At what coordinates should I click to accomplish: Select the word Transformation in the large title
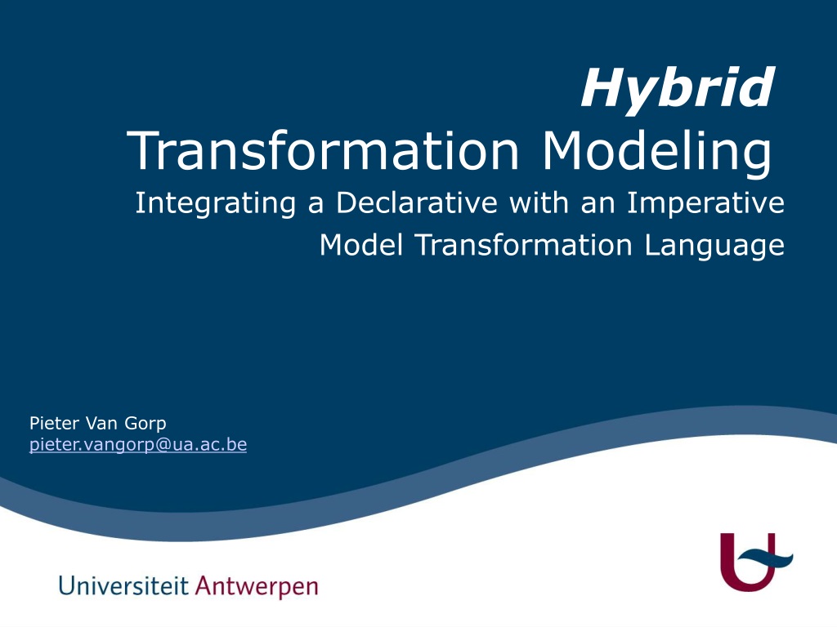tap(323, 150)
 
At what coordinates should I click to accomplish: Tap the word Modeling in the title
tap(656, 154)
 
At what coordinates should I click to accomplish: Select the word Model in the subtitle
tap(360, 245)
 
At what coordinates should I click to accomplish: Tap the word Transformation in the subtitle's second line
tap(524, 245)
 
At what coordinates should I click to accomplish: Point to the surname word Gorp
tap(145, 425)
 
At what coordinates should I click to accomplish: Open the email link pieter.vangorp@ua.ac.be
tap(137, 445)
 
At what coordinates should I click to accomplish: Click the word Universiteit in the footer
tap(123, 585)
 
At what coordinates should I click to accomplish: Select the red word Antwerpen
tap(257, 586)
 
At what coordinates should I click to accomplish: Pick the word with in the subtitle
tap(538, 202)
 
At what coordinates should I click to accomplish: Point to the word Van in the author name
tap(101, 424)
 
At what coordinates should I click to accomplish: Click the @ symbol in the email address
tap(163, 445)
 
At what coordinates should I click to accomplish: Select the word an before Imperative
tap(598, 205)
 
